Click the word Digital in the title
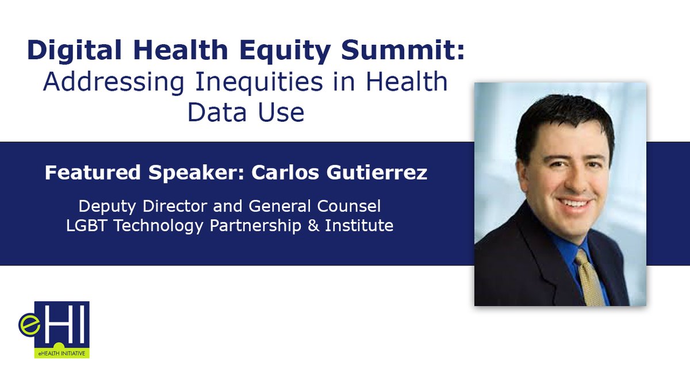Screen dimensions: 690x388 tap(75, 51)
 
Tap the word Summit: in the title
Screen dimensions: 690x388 tap(402, 49)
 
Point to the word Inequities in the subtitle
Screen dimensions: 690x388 tap(259, 82)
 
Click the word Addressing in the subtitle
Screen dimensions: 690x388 tap(114, 82)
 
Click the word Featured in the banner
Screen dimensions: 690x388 tap(93, 172)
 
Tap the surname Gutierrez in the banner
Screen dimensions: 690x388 tap(377, 172)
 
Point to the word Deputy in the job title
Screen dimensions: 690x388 tap(107, 206)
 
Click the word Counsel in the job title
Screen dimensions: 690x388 tap(349, 206)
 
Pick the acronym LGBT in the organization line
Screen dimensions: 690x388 tap(87, 225)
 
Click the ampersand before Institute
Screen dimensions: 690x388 tap(313, 225)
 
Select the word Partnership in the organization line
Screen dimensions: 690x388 tap(256, 226)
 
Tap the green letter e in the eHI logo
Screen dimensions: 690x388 tap(29, 325)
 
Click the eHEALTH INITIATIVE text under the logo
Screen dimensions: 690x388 tap(62, 354)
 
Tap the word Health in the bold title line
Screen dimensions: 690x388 tap(181, 49)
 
